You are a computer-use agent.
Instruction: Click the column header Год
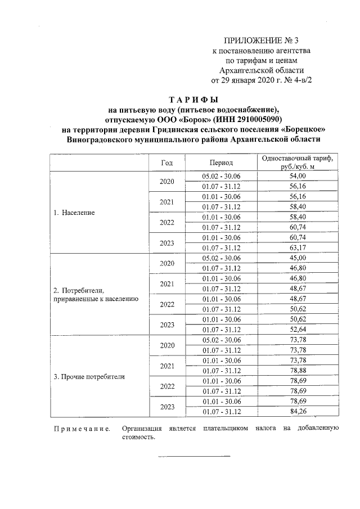click(x=166, y=163)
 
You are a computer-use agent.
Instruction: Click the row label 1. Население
click(x=74, y=213)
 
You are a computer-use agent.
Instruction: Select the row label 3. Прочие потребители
click(x=89, y=376)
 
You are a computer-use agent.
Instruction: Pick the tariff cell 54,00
click(x=296, y=177)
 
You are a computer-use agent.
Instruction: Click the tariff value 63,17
click(x=296, y=248)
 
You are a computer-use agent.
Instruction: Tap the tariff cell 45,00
click(x=296, y=258)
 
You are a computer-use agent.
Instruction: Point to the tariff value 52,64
click(x=296, y=330)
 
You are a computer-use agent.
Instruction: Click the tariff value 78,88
click(x=296, y=371)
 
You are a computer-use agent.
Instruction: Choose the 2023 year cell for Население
click(x=166, y=243)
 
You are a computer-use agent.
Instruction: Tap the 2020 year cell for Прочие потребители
click(x=166, y=345)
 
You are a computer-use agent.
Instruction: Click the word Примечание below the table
click(x=81, y=429)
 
